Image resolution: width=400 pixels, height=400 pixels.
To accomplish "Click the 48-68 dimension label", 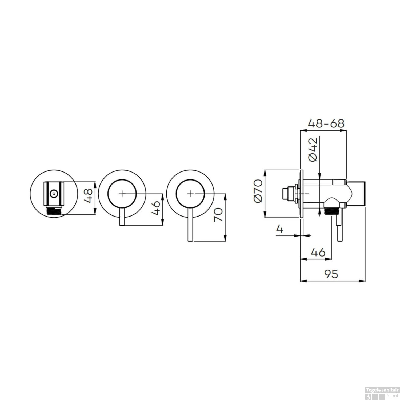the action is pos(326,123).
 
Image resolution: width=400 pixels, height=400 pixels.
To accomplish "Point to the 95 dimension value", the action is pos(331,274).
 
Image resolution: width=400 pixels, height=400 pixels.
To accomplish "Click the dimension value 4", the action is pos(279,229).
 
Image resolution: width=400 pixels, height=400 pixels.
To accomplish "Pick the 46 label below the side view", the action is pos(318,252).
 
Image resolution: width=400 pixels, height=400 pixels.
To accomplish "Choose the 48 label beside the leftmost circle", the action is pos(88,195).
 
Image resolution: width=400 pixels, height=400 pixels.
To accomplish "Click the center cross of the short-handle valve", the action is pos(122,194).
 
